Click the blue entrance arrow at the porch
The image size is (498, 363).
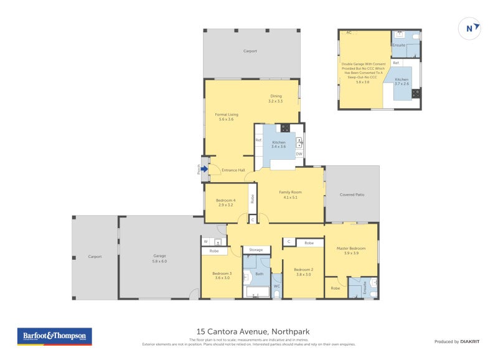click(x=204, y=168)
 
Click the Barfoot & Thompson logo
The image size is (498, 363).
click(x=54, y=336)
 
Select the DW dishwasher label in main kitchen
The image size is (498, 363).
click(x=299, y=154)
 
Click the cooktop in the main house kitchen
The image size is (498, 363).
click(x=285, y=129)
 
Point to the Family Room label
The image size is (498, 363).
click(x=290, y=195)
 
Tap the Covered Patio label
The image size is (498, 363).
click(x=352, y=195)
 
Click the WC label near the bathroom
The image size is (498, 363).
click(x=277, y=286)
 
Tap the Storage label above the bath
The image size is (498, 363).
click(x=256, y=250)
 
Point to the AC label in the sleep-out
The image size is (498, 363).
click(x=349, y=32)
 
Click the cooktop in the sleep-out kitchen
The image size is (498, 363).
click(x=415, y=94)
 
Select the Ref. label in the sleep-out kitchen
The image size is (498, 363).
click(x=396, y=63)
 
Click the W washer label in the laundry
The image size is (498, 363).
click(x=205, y=241)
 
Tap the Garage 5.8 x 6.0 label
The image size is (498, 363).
click(x=160, y=259)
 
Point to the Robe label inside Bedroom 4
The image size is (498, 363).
click(x=252, y=199)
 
